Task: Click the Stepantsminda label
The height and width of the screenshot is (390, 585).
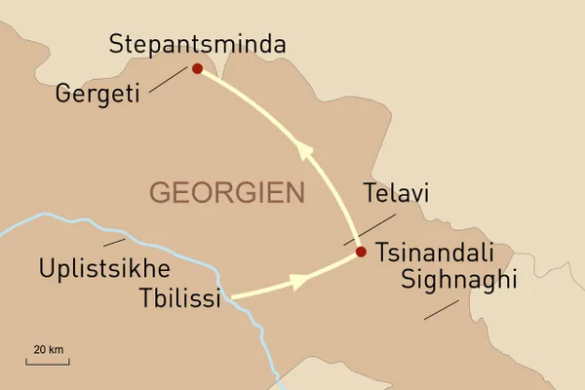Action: [198, 45]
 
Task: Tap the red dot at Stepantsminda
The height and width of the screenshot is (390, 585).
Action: [198, 69]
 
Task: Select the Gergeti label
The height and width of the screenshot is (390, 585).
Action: [99, 95]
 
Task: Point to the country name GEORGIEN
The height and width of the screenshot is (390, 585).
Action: [226, 192]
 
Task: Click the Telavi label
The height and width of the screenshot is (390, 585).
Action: [395, 193]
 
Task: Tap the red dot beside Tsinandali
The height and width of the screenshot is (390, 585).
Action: [361, 253]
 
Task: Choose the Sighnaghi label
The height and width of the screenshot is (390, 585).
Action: [457, 281]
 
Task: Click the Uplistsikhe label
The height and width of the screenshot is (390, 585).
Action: [104, 267]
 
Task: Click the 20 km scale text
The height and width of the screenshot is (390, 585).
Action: [48, 349]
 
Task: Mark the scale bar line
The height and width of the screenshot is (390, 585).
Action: [48, 362]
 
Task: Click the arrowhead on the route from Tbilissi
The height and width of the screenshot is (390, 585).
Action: [299, 280]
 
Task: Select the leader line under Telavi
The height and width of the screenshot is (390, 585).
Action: [370, 228]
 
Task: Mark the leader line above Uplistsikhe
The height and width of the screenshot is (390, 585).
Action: [115, 240]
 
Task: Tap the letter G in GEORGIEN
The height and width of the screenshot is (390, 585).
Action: [159, 192]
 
